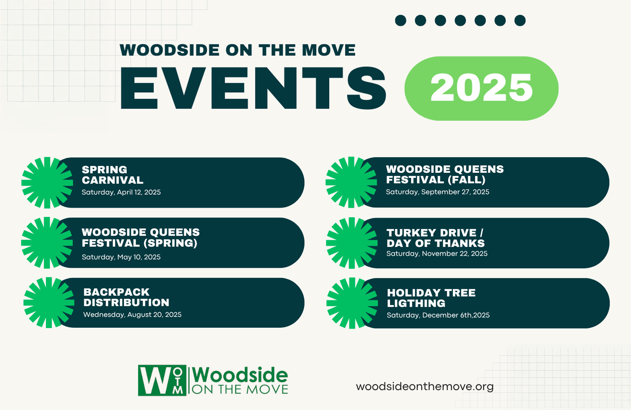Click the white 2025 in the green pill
(x=481, y=88)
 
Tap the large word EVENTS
(x=253, y=88)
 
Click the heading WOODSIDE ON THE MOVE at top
(x=237, y=50)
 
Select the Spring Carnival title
(x=113, y=175)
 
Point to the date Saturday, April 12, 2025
(x=121, y=192)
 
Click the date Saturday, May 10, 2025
(x=121, y=257)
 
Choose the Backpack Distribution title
(x=126, y=297)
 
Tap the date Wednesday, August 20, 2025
(x=132, y=315)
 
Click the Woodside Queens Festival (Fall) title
(x=445, y=174)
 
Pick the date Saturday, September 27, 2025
(x=438, y=192)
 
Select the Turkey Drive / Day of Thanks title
(x=435, y=238)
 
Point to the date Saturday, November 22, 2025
(x=437, y=254)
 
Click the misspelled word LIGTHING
(x=416, y=303)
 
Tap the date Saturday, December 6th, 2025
(x=438, y=315)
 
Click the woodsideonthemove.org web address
(x=425, y=387)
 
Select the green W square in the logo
(x=162, y=381)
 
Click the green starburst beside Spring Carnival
(x=47, y=183)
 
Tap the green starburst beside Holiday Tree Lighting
(x=352, y=303)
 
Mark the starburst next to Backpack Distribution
(x=49, y=303)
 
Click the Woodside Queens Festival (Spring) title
(x=141, y=238)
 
